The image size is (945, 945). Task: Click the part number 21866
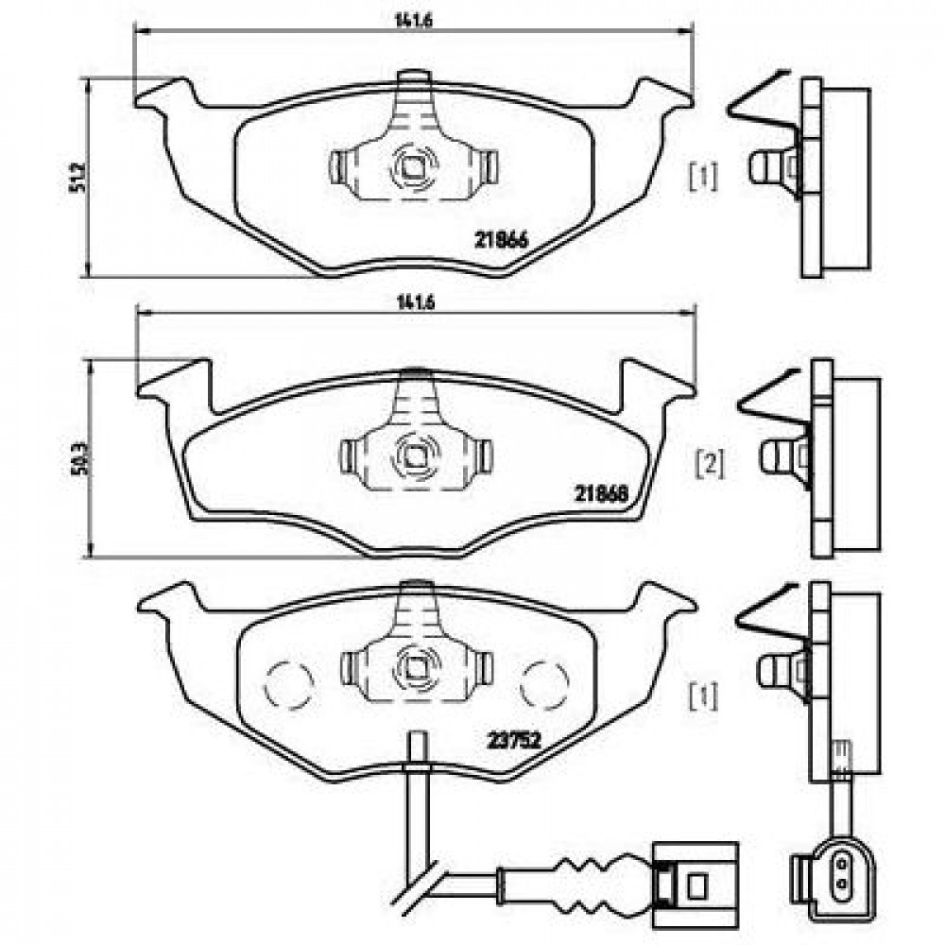click(x=502, y=240)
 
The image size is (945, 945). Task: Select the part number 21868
click(x=601, y=494)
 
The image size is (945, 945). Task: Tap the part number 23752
click(x=514, y=740)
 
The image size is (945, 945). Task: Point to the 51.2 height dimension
click(x=77, y=177)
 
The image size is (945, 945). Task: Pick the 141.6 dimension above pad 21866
click(x=414, y=20)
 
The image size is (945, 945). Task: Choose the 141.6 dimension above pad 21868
click(x=415, y=302)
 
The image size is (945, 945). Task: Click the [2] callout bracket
click(x=712, y=465)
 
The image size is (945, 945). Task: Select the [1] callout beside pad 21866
click(x=704, y=178)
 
